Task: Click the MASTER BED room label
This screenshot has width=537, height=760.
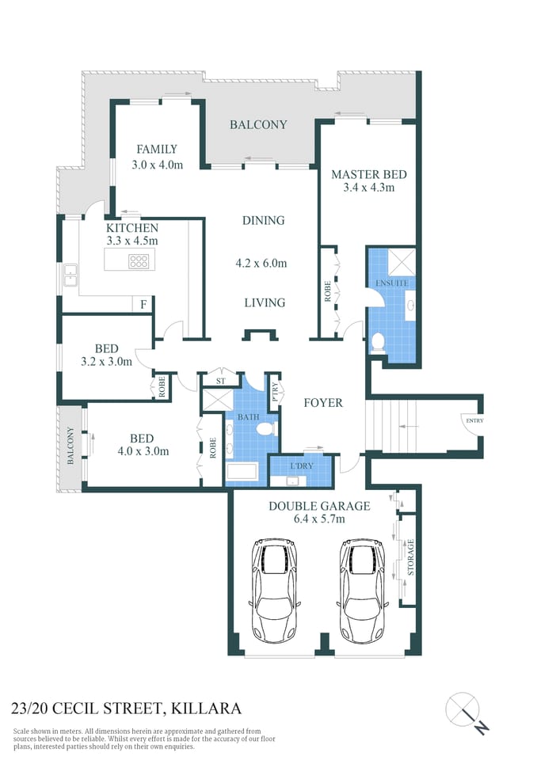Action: (363, 174)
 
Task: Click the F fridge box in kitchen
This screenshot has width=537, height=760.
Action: (143, 304)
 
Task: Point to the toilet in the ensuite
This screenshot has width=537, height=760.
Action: (379, 342)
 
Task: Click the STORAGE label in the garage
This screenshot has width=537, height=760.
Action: (409, 558)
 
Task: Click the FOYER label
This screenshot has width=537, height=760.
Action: (324, 403)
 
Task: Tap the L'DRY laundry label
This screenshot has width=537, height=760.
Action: (302, 465)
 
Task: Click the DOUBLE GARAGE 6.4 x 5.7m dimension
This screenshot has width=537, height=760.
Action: (318, 520)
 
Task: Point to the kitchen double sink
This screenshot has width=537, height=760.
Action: (70, 275)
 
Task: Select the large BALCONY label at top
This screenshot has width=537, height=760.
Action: (258, 124)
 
